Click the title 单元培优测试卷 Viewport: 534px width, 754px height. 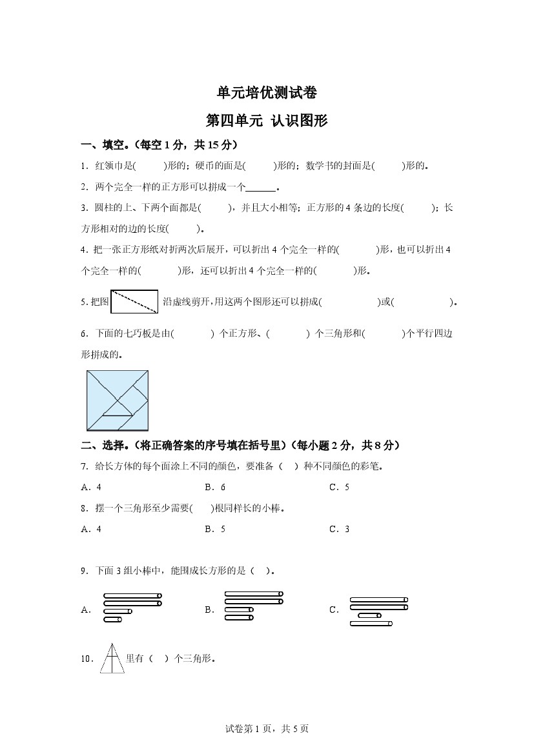[267, 93]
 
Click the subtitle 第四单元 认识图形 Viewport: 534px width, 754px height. [267, 121]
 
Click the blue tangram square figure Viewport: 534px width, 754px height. [118, 400]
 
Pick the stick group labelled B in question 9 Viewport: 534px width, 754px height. [253, 606]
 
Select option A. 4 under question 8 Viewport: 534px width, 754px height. [91, 529]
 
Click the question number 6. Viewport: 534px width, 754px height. [84, 333]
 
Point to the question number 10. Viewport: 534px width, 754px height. [87, 659]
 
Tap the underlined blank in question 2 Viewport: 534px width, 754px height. [261, 188]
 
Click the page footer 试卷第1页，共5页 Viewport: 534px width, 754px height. [267, 729]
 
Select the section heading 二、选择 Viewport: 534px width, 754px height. [103, 445]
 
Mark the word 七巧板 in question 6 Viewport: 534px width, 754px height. [136, 333]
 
